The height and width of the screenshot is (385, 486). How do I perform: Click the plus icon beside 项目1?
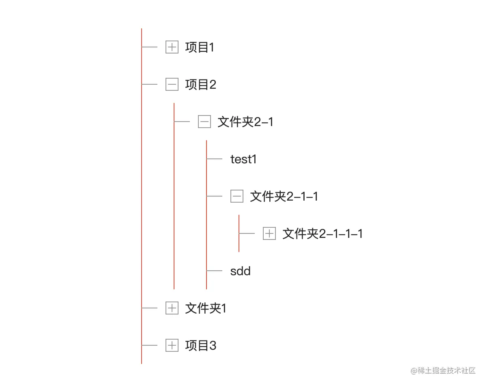point(172,47)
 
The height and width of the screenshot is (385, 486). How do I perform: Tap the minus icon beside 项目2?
point(172,85)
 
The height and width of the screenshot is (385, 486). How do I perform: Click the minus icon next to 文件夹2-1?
point(204,122)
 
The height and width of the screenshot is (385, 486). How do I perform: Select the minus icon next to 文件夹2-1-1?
point(237,197)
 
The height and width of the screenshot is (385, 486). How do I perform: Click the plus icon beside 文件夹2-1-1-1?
point(269,234)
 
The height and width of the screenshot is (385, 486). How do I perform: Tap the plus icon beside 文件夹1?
point(172,308)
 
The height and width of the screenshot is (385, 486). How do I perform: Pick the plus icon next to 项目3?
point(172,346)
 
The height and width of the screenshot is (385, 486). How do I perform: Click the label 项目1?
point(200,47)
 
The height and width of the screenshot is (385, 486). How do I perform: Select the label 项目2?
point(201,85)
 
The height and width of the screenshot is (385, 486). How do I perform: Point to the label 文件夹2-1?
point(245,122)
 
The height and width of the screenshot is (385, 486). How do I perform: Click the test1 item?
point(243,159)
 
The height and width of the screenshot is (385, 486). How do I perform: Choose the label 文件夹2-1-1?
point(284,197)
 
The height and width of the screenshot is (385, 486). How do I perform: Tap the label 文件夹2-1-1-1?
point(323,234)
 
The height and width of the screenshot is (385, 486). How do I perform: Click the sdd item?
point(240,271)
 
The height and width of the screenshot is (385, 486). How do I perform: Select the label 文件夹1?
point(206,308)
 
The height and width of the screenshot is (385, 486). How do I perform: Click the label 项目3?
point(201,346)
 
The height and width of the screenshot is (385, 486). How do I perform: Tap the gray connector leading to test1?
point(215,159)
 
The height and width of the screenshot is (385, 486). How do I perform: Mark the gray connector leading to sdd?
point(215,271)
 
